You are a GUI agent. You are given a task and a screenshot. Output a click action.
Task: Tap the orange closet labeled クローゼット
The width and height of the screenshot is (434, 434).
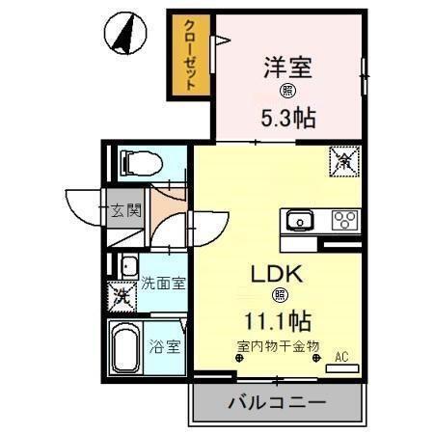click(190, 55)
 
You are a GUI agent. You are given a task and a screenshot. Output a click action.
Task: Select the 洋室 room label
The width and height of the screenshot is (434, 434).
click(287, 68)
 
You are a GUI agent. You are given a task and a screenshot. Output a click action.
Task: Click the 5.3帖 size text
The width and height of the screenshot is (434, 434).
click(288, 117)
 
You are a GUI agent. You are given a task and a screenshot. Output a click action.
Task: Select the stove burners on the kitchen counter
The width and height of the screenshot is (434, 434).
click(344, 219)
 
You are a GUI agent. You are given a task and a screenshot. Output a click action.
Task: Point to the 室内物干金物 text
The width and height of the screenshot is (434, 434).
click(277, 346)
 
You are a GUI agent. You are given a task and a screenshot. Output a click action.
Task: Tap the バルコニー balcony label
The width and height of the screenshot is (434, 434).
click(277, 400)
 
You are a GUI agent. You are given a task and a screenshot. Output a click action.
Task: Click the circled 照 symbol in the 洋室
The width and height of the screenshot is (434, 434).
click(287, 93)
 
